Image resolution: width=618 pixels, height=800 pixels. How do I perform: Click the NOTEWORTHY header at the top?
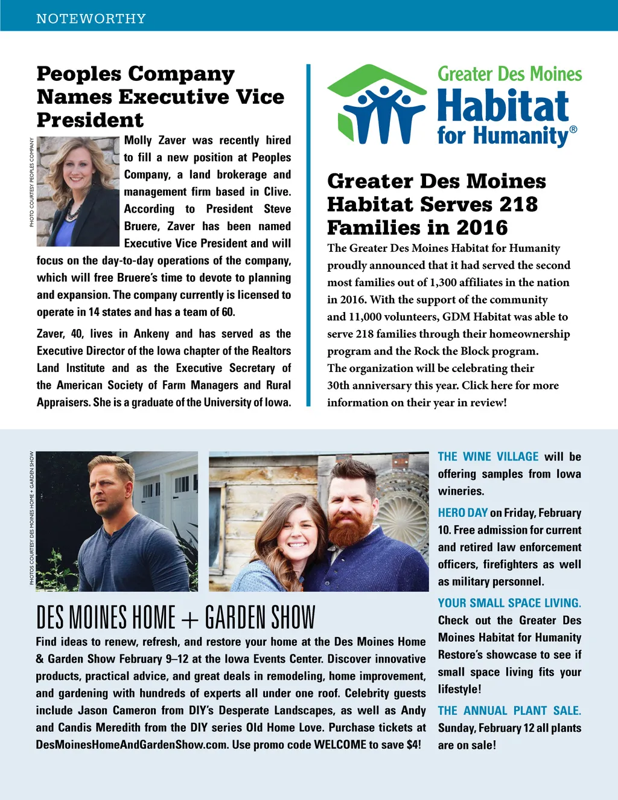tap(91, 19)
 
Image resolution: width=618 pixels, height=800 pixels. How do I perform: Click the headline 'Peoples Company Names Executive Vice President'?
tap(160, 97)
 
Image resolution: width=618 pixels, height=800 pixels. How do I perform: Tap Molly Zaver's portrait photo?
tap(78, 191)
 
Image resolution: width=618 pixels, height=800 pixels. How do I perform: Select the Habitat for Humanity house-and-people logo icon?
tap(377, 106)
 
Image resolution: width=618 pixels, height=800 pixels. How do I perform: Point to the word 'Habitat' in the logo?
tap(503, 106)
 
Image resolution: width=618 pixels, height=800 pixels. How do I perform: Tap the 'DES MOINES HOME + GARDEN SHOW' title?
tap(176, 618)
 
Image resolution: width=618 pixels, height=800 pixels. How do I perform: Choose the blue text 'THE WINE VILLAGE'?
tap(488, 457)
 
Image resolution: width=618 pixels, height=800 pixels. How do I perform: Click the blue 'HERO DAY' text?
tap(462, 513)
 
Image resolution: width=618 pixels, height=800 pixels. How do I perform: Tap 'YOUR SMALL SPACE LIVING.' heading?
tap(509, 603)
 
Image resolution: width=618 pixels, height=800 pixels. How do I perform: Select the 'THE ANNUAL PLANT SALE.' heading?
tap(509, 711)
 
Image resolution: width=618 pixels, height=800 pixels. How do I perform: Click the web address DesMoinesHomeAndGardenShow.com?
tap(132, 745)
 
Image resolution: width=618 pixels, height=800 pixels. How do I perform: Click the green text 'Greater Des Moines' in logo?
tap(509, 74)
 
